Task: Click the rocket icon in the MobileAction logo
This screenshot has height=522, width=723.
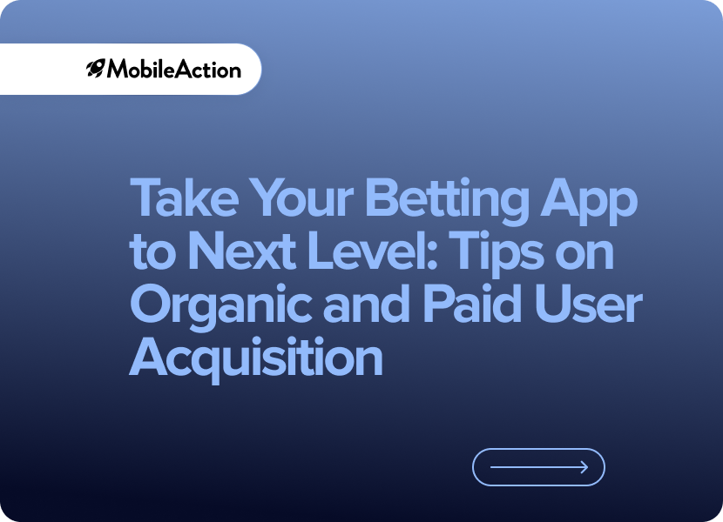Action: click(x=96, y=69)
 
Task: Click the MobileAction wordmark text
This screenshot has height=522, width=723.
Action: click(x=174, y=69)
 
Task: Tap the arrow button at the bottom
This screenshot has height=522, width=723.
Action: click(x=538, y=467)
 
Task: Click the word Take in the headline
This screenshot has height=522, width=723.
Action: click(x=185, y=198)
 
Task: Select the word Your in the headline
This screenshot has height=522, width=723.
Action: click(x=303, y=198)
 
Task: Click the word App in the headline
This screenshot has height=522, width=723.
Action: click(x=589, y=202)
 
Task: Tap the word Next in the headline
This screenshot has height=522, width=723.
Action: click(x=242, y=251)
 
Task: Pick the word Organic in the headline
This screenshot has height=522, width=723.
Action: click(x=221, y=306)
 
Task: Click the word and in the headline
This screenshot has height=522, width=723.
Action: click(x=367, y=302)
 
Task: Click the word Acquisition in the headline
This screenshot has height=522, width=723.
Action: click(x=256, y=358)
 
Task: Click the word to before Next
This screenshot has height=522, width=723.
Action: click(x=153, y=252)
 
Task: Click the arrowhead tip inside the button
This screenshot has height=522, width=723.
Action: click(x=588, y=467)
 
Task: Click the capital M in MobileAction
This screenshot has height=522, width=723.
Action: click(x=117, y=69)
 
